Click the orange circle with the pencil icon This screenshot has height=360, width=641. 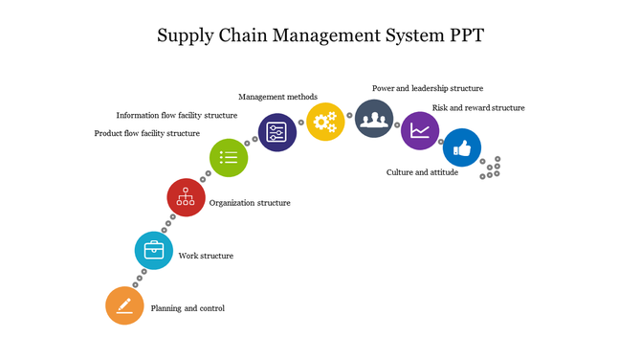pos(124,305)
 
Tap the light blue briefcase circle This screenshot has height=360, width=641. pos(154,251)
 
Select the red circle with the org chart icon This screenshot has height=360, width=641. pos(187,197)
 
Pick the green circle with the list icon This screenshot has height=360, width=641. pos(229,157)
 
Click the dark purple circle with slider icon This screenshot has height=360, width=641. pos(277,132)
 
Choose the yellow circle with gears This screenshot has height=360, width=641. pos(325,122)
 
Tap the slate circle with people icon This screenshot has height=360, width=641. pos(374,119)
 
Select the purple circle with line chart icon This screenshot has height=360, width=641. pos(419,131)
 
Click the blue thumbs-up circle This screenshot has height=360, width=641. pos(462,148)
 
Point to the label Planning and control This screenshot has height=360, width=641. pos(188,308)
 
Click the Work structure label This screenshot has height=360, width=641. pos(206,256)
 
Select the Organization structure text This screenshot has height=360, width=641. pos(250,203)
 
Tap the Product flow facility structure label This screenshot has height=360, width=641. pos(146,133)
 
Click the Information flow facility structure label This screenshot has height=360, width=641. pos(177,115)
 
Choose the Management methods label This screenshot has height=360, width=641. pos(277,97)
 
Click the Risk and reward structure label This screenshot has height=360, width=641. pos(478,108)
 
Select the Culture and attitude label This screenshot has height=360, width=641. pos(422,172)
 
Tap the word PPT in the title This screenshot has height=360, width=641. pos(463,36)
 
